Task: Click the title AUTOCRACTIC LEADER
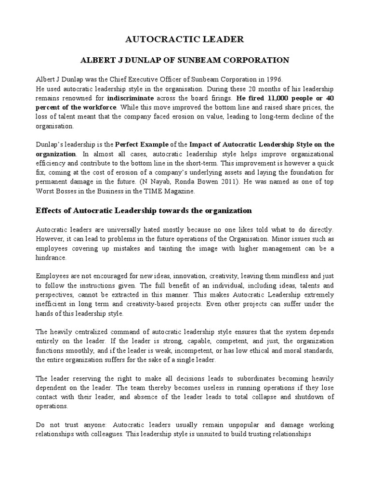(x=185, y=39)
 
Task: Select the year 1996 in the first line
(x=274, y=79)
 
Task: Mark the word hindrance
(x=53, y=258)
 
